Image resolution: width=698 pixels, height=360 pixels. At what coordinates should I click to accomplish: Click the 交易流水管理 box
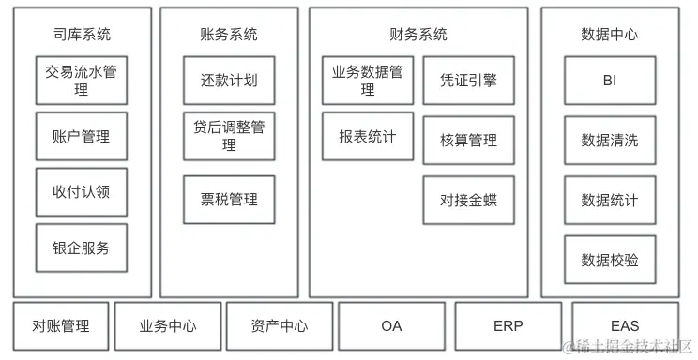82,81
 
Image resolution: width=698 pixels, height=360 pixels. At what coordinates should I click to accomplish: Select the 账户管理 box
82,137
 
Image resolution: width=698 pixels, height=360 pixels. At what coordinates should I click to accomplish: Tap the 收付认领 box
82,192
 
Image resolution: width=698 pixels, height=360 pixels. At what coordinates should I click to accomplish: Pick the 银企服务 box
82,248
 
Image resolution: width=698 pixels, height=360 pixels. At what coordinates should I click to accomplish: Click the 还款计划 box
229,81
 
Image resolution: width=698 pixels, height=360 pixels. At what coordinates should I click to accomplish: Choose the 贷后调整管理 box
229,136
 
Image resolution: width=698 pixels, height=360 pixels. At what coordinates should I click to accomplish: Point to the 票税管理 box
229,199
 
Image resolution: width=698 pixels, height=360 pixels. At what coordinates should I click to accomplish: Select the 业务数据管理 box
368,81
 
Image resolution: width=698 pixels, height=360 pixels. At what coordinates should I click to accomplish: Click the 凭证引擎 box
468,81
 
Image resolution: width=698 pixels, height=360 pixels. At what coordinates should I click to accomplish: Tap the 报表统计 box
368,137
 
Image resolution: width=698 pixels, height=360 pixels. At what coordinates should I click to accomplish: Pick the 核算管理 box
468,141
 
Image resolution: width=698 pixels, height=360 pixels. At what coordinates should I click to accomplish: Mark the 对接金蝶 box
468,200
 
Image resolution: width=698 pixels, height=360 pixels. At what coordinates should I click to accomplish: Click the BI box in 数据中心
610,81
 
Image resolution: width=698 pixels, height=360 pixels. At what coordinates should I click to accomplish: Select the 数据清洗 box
610,141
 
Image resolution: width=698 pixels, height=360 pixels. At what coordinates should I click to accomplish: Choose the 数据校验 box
610,260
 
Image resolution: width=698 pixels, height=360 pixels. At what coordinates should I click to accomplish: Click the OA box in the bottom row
391,326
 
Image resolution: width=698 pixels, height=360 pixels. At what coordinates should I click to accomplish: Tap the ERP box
508,326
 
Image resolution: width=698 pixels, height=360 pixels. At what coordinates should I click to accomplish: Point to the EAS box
624,326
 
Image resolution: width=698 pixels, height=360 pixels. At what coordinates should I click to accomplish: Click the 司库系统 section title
82,35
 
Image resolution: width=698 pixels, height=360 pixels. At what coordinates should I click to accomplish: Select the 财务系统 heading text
417,35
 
